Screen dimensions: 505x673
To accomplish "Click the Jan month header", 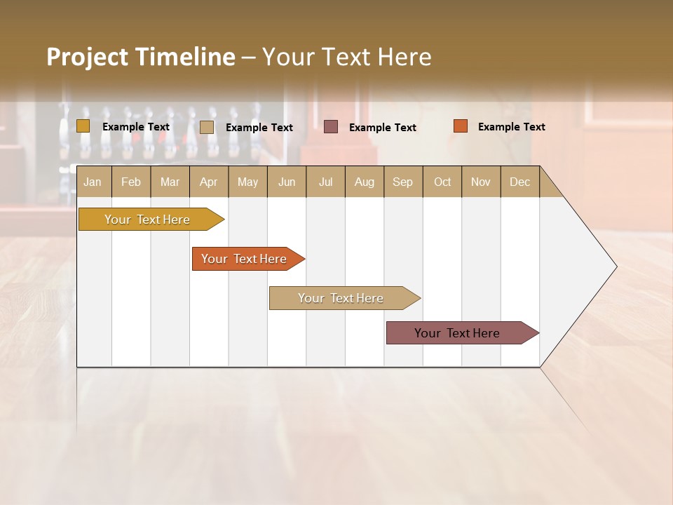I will pos(93,182).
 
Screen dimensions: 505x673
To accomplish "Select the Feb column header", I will pos(131,182).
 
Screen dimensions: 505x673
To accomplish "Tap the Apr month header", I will pos(208,182).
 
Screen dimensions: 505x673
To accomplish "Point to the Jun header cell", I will pos(287,182).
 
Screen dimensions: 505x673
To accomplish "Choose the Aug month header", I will pos(364,182).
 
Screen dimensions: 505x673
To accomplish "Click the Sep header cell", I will pos(402,182).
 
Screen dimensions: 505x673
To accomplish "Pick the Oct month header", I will pos(442,182).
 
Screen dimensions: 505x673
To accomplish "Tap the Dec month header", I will pos(519,182).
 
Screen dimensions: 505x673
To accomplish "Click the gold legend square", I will pos(83,126).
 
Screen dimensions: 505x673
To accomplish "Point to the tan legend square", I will pos(207,127).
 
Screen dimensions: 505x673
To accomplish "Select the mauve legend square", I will pos(331,127).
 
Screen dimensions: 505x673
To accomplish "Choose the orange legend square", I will pos(461,126).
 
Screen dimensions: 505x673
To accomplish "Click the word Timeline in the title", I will pos(186,57).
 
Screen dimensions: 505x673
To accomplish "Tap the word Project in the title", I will pos(88,57).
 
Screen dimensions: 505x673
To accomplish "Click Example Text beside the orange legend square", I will pos(511,127).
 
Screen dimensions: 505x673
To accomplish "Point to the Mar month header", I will pos(170,182).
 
